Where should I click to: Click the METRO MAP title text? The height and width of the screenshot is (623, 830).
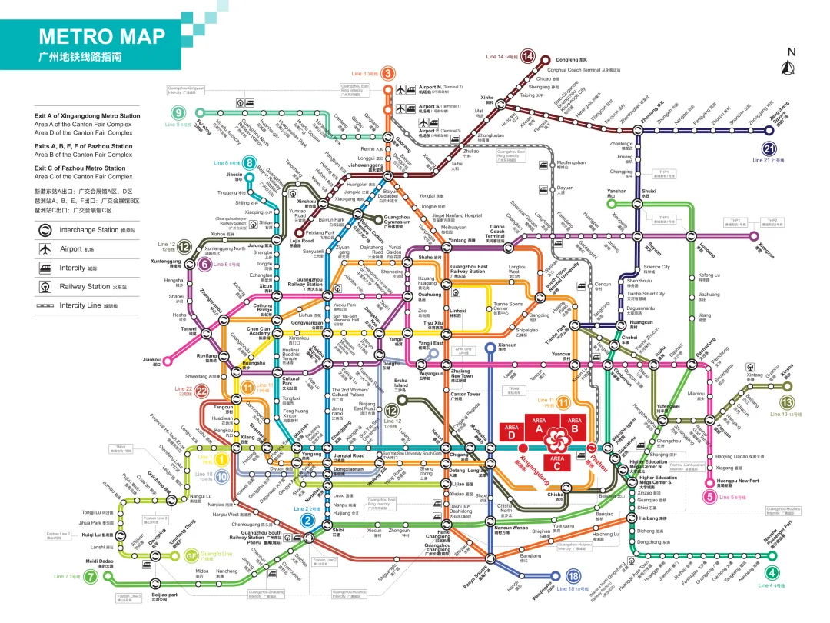click(102, 37)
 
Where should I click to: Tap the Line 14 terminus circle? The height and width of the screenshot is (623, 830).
click(528, 55)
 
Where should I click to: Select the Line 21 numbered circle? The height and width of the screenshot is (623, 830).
click(769, 150)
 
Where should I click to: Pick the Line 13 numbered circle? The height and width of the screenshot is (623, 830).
click(787, 402)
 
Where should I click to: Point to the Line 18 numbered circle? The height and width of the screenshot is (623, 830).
click(573, 577)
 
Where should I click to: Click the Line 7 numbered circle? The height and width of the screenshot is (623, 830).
click(90, 577)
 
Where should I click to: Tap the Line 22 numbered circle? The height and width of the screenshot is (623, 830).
click(201, 390)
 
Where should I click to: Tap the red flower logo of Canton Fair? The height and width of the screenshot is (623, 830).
click(556, 438)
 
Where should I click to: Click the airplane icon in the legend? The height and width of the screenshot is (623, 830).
click(45, 248)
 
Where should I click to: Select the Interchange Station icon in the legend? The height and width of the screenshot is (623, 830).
click(45, 229)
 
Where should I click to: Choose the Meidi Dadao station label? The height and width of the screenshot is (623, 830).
click(100, 561)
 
